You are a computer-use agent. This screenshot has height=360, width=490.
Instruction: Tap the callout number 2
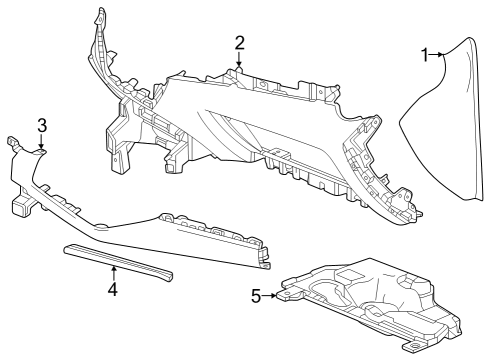point(240,42)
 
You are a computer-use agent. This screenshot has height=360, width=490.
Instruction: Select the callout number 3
point(42,125)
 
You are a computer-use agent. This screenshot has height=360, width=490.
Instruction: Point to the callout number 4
point(113,290)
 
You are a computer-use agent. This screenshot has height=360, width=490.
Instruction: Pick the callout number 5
point(255,295)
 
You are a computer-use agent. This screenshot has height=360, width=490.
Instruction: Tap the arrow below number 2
point(240,62)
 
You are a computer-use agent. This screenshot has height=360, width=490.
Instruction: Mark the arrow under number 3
point(42,145)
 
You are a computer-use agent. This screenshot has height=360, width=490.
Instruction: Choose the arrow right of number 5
point(272,295)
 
